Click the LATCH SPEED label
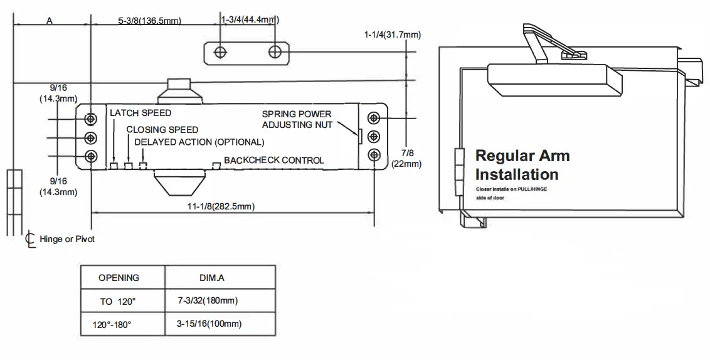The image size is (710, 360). pos(140,114)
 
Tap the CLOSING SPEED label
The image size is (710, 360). pos(162,130)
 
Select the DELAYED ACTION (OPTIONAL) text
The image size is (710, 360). pos(199,142)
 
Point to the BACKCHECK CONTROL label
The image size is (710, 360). pos(274,161)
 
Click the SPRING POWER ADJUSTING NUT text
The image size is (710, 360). pos(297,120)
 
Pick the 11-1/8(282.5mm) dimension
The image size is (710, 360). pos(217,206)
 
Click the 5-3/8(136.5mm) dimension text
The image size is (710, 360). pos(149,21)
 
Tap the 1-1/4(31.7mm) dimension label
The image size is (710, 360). pos(391,34)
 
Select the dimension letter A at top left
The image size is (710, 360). pos(50,20)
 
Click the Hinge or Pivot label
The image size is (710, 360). pos(67,240)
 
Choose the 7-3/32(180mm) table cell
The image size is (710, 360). pos(208,301)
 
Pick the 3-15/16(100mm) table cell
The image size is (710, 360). pos(209,324)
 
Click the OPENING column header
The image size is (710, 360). pos(119,277)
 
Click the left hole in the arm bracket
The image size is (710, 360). pos(220,52)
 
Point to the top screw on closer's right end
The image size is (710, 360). pos(373,118)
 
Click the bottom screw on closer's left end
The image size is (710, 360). pos(92,156)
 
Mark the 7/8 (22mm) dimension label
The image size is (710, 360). pos(406,158)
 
